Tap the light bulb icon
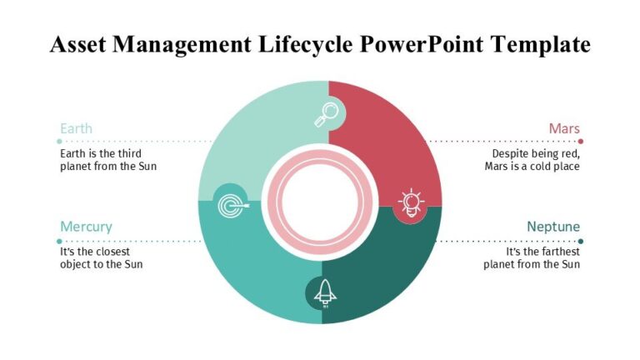click(411, 202)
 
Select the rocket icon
click(326, 292)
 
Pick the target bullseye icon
click(228, 203)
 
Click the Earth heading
click(76, 128)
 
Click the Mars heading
click(564, 128)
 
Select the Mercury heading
click(86, 227)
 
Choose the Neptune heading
click(553, 227)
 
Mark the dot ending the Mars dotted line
click(581, 142)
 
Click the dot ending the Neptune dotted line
click(581, 241)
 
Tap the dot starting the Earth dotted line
click(59, 142)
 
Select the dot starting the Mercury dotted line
click(59, 241)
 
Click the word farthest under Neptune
click(557, 252)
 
